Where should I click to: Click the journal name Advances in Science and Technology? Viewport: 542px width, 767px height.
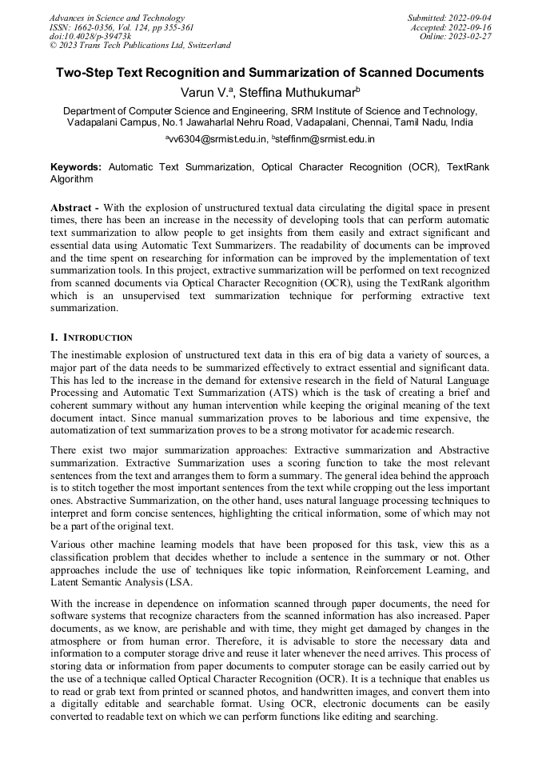tap(117, 18)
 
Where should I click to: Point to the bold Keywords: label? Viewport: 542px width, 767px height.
tap(76, 167)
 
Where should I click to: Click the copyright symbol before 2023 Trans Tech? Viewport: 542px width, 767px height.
tap(54, 46)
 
